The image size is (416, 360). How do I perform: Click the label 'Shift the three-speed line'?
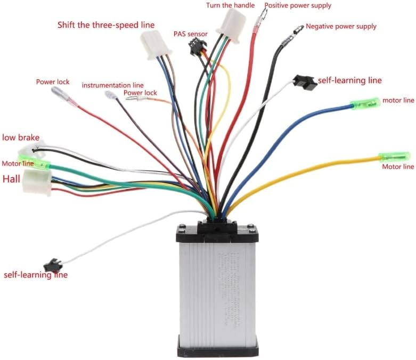tap(106, 25)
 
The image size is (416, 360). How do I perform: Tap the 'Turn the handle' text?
tap(231, 5)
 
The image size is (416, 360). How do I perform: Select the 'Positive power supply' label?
tap(298, 6)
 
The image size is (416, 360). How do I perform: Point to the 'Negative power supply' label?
tap(341, 26)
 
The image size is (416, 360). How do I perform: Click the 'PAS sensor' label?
tap(190, 34)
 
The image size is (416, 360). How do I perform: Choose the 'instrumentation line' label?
tap(112, 85)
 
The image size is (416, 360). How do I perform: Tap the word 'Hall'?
tap(11, 179)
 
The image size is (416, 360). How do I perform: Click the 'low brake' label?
tap(21, 137)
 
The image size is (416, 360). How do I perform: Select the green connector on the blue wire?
tap(364, 102)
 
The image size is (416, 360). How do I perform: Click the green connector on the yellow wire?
tap(394, 157)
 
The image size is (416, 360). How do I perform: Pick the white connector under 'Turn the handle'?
tap(231, 24)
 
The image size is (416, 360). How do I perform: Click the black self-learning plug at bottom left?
tap(53, 265)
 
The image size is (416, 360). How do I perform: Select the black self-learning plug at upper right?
tap(305, 82)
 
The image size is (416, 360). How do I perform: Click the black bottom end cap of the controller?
tap(217, 347)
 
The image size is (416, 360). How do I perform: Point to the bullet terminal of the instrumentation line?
tap(111, 95)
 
